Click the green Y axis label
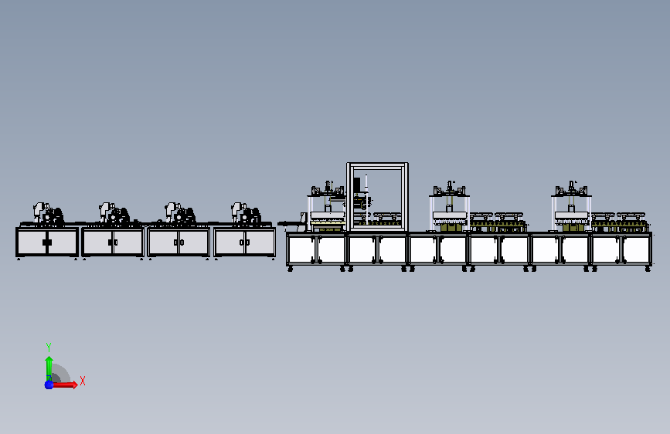click(x=49, y=347)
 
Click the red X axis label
click(x=83, y=381)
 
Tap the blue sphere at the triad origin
click(x=49, y=385)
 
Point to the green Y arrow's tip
click(x=49, y=357)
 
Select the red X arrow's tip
click(x=77, y=385)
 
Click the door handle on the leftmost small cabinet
click(x=47, y=242)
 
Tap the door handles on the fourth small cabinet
click(x=244, y=242)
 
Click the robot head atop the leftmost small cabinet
click(x=39, y=209)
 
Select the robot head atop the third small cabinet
click(x=172, y=209)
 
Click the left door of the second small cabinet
click(x=98, y=242)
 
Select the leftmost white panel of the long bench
click(x=301, y=249)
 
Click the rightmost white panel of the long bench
click(x=635, y=249)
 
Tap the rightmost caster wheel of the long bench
click(x=648, y=269)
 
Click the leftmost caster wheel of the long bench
click(x=290, y=269)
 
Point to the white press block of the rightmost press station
click(x=571, y=215)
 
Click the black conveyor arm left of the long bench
click(x=291, y=223)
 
